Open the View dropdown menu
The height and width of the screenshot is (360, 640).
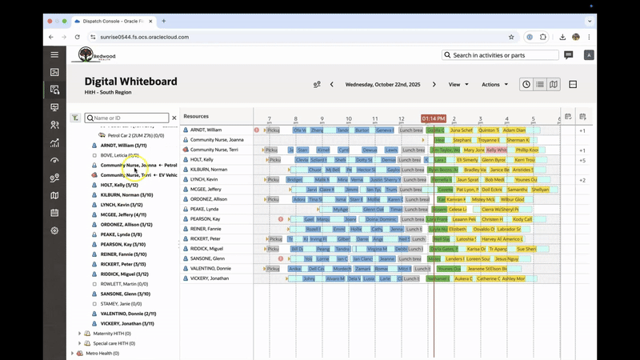[458, 84]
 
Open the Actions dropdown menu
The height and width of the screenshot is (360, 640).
[494, 84]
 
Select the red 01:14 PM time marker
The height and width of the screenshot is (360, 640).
[434, 118]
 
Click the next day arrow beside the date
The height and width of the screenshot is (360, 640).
[434, 84]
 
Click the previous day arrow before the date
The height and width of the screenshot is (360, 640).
[332, 84]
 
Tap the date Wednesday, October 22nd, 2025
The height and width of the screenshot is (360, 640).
[382, 84]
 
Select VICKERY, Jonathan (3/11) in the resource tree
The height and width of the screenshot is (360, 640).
[122, 323]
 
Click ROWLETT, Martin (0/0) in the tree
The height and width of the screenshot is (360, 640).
[124, 284]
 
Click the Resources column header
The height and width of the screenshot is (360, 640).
[196, 116]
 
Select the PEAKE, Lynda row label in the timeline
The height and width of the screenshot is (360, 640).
[206, 209]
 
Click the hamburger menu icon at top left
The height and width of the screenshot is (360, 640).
[54, 55]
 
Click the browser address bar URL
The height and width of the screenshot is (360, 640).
[144, 37]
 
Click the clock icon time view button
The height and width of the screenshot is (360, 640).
[526, 84]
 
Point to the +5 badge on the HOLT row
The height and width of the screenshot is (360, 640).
[582, 160]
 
